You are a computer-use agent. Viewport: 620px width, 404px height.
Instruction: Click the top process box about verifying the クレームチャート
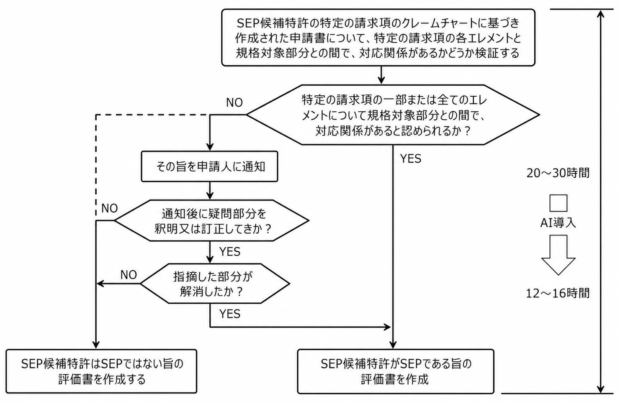[x=378, y=38]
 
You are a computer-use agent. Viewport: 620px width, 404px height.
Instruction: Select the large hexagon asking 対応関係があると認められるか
[x=393, y=115]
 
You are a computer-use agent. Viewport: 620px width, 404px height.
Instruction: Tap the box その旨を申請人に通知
[x=209, y=166]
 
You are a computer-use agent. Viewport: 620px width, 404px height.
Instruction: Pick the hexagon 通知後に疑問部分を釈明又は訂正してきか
[x=212, y=221]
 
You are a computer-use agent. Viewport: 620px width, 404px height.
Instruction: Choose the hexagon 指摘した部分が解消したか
[x=215, y=284]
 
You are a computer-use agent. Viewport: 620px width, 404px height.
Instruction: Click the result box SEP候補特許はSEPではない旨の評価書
[x=101, y=371]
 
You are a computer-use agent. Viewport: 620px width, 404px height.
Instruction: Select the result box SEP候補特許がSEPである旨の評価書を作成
[x=396, y=371]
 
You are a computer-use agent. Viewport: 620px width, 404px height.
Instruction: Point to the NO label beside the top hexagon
[x=234, y=102]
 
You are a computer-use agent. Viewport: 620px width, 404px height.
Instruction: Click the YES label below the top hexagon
[x=411, y=159]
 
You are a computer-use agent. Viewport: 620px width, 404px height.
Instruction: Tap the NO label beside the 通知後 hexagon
[x=110, y=209]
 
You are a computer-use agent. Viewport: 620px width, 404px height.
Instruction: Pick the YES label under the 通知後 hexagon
[x=230, y=252]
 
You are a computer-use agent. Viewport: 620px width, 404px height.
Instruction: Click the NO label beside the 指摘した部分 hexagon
[x=129, y=275]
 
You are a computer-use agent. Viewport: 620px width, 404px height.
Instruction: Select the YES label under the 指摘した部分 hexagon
[x=230, y=314]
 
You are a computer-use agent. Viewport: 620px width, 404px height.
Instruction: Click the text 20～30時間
[x=558, y=173]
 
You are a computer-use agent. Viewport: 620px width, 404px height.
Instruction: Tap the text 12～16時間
[x=558, y=294]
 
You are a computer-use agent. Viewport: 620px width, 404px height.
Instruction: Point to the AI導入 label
[x=558, y=223]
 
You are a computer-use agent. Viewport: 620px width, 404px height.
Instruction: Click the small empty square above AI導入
[x=558, y=203]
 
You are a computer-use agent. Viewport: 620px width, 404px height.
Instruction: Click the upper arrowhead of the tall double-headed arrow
[x=600, y=14]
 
